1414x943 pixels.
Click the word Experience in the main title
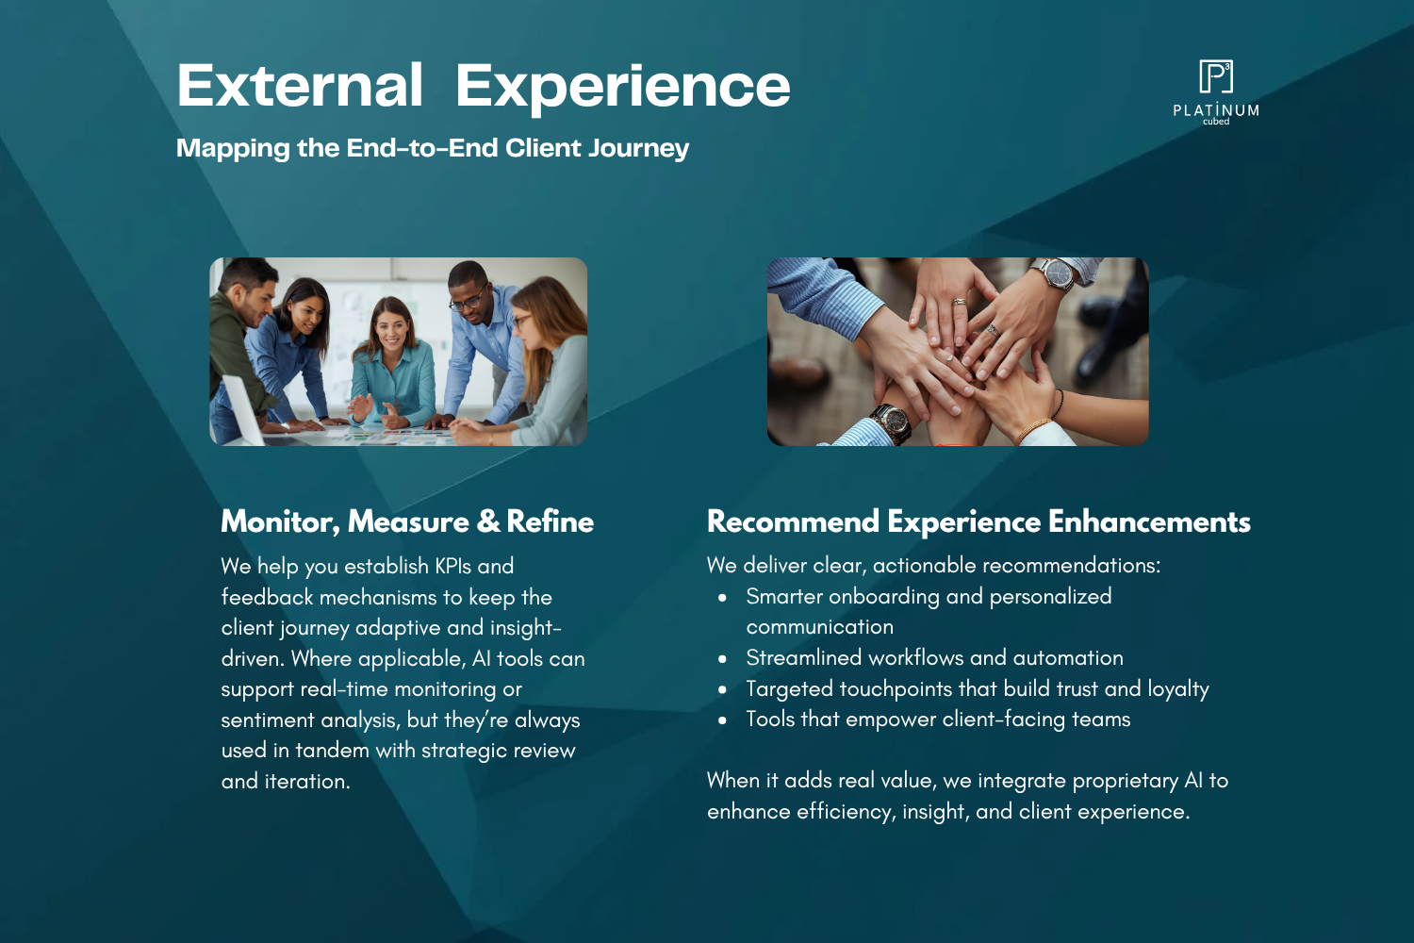pyautogui.click(x=622, y=89)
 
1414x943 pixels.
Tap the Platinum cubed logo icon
pyautogui.click(x=1216, y=76)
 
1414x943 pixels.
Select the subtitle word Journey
pyautogui.click(x=639, y=149)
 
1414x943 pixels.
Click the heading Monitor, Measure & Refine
pyautogui.click(x=407, y=521)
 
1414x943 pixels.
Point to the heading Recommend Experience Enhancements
pyautogui.click(x=978, y=521)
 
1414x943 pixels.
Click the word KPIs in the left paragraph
pyautogui.click(x=452, y=566)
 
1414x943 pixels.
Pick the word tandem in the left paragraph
pyautogui.click(x=332, y=751)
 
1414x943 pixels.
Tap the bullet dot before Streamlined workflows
pyautogui.click(x=723, y=659)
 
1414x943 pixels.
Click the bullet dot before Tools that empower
pyautogui.click(x=723, y=720)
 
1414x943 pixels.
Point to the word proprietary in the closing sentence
pyautogui.click(x=1125, y=782)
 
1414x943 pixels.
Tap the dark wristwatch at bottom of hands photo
pyautogui.click(x=890, y=422)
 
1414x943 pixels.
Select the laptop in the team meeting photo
pyautogui.click(x=244, y=410)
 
